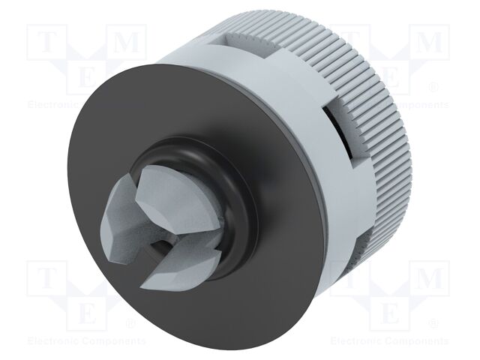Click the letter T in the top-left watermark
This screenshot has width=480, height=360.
pos(45,43)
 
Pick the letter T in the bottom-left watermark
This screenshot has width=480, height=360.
pos(45,278)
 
